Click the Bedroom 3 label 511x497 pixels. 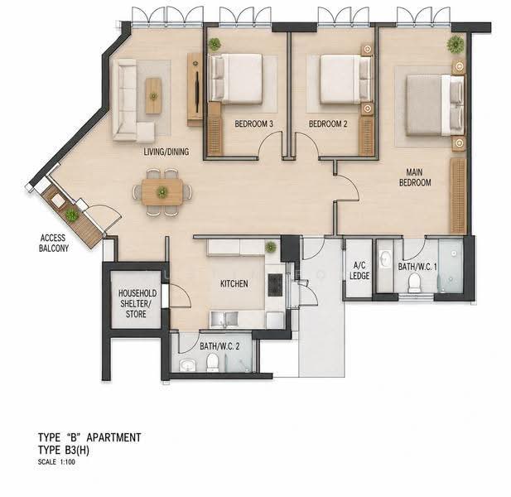pos(254,124)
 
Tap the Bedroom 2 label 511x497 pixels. pos(328,124)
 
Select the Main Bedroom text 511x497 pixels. pos(415,177)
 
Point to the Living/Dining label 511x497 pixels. pos(166,152)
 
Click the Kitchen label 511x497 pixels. pos(234,283)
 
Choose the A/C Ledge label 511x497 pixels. pos(359,271)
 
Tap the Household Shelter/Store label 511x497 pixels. pos(137,304)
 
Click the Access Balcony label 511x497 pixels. pos(54,244)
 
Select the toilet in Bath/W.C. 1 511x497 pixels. pos(415,283)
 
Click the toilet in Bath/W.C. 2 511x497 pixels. pos(212,363)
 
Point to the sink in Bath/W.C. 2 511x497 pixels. pos(187,365)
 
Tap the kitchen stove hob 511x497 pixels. pos(275,285)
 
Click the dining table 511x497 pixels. pos(162,192)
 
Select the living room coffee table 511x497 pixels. pos(153,96)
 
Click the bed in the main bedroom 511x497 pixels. pos(435,105)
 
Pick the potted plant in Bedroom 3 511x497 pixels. pos(215,44)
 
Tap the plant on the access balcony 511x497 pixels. pos(72,215)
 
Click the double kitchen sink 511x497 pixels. pos(224,319)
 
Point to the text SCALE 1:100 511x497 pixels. pos(56,462)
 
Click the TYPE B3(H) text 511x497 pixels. pos(64,450)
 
